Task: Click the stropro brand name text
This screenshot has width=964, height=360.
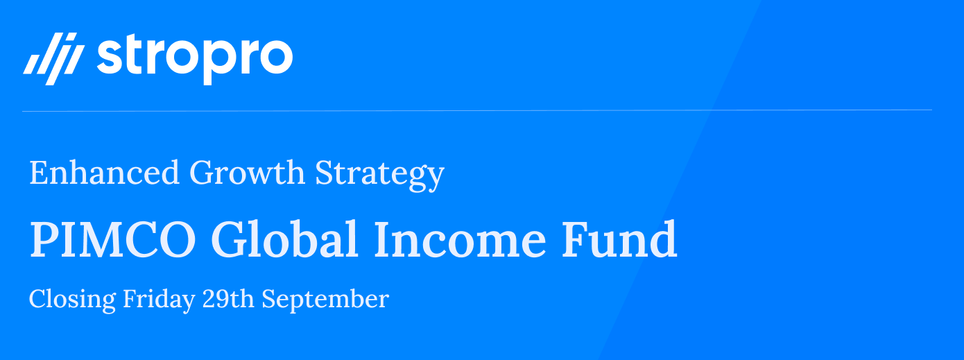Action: pyautogui.click(x=195, y=59)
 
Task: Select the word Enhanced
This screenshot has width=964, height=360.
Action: pyautogui.click(x=104, y=173)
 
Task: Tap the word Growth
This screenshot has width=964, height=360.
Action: pyautogui.click(x=247, y=173)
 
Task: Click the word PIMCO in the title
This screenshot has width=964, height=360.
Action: pyautogui.click(x=113, y=239)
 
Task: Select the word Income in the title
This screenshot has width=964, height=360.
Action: pyautogui.click(x=460, y=239)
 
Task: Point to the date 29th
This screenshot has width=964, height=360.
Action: pyautogui.click(x=228, y=298)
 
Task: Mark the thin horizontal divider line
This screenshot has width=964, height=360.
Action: pyautogui.click(x=477, y=111)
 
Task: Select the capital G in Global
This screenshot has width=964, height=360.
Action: pyautogui.click(x=230, y=239)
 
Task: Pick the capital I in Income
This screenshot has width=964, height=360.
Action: pyautogui.click(x=383, y=239)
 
